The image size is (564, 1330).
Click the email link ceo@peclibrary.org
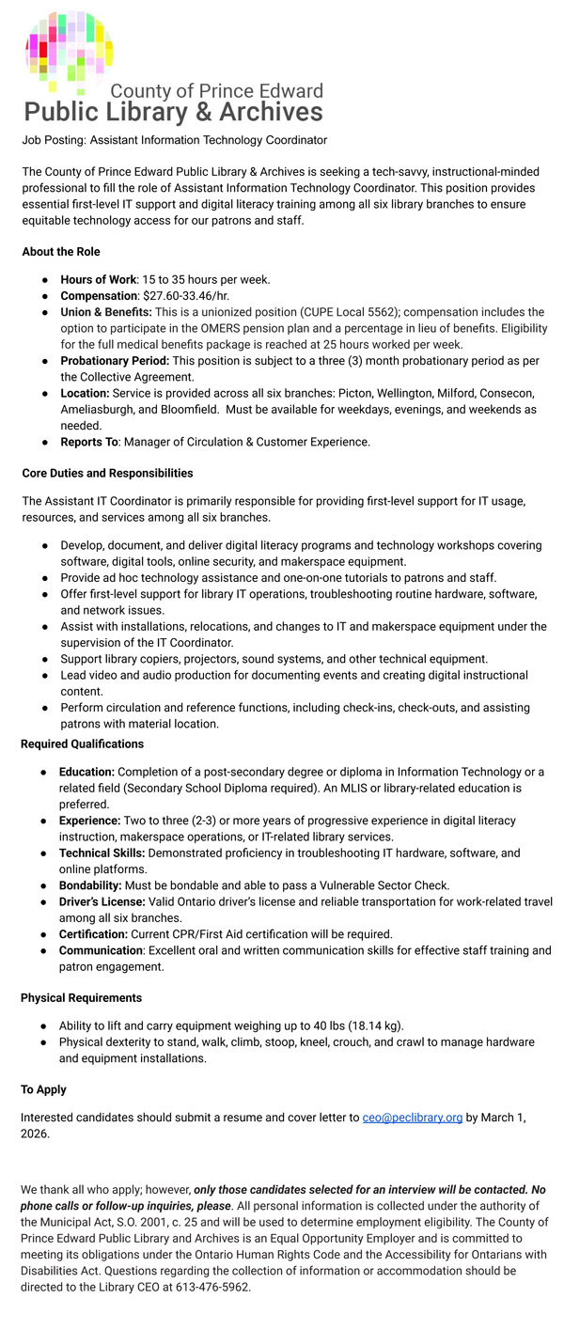point(412,1118)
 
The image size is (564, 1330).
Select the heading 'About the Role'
point(61,252)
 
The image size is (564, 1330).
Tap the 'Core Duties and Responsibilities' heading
point(107,473)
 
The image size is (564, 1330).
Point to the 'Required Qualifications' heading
point(82,743)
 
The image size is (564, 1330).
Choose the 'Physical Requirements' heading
point(81,997)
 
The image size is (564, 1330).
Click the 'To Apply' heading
point(43,1089)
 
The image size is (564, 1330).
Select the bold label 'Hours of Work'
point(98,279)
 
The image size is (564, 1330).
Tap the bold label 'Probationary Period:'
point(115,361)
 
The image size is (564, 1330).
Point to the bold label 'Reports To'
point(90,442)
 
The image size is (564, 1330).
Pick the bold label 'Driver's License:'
point(102,901)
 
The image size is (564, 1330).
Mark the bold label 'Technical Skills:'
point(102,853)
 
